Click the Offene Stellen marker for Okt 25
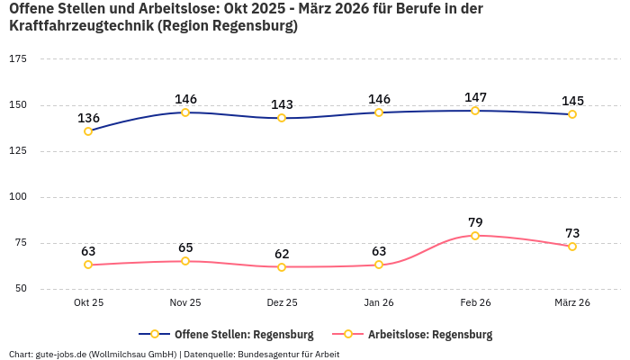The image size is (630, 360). point(88,131)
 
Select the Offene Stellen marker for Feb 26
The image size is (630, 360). point(475,111)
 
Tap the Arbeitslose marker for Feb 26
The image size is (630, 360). point(475,236)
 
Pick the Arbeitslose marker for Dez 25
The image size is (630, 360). point(282,267)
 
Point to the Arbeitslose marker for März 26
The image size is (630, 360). point(572,247)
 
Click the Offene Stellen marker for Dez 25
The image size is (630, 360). point(282,118)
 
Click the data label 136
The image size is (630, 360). point(88,118)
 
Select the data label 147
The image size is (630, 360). point(475,97)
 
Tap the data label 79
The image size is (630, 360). point(475,222)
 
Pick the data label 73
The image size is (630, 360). point(572,233)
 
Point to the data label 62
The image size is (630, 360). point(282,254)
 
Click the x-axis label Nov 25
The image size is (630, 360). point(185,303)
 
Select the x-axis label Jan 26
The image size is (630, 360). point(379,303)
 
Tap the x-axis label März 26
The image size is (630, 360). point(572,303)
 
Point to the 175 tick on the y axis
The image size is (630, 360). point(18,58)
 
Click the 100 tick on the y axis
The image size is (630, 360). point(18,196)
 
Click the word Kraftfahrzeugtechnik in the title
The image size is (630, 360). point(80,26)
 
